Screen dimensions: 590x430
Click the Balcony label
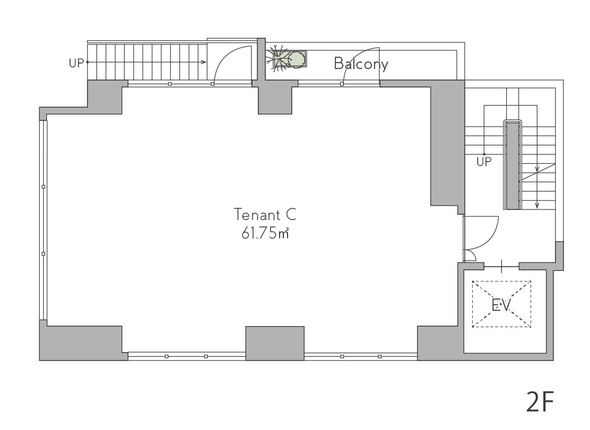tap(361, 64)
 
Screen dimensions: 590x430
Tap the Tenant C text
tap(265, 215)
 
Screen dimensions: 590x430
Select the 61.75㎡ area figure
tap(265, 233)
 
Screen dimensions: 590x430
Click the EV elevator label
tap(501, 305)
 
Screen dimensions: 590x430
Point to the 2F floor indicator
tap(540, 402)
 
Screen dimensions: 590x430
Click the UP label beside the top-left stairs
tap(76, 63)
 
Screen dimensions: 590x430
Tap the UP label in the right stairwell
tap(484, 162)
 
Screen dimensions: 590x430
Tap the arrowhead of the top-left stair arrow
tap(204, 62)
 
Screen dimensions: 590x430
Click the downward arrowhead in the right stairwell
tap(537, 206)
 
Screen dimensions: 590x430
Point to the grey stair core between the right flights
tap(513, 166)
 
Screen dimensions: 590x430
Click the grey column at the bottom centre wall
tap(275, 343)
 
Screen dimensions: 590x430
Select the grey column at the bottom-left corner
tap(81, 341)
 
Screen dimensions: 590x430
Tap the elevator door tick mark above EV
tap(502, 267)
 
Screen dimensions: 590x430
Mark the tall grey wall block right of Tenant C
tap(447, 146)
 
